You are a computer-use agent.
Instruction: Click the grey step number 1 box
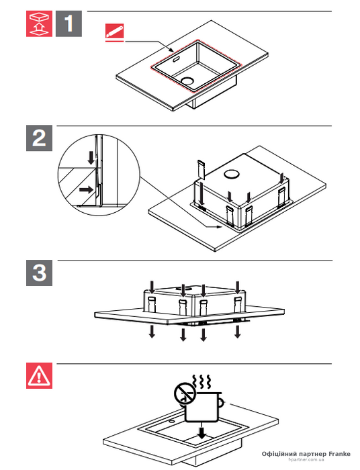click(x=69, y=23)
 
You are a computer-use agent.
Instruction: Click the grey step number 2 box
click(x=39, y=138)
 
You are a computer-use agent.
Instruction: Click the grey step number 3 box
click(x=39, y=273)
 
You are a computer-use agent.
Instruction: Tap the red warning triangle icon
click(x=39, y=375)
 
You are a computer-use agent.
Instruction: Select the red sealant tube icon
click(x=114, y=31)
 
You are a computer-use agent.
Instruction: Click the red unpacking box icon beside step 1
click(x=39, y=23)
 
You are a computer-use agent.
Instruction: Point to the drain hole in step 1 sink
click(x=187, y=81)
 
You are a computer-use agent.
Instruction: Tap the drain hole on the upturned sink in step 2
click(x=231, y=174)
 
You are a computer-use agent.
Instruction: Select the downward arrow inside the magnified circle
click(x=91, y=158)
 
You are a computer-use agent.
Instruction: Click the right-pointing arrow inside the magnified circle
click(x=86, y=190)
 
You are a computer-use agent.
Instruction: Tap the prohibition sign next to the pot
click(x=185, y=393)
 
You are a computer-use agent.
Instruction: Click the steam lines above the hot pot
click(x=201, y=381)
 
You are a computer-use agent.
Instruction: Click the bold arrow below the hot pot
click(x=202, y=430)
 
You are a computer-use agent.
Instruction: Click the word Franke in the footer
click(x=340, y=454)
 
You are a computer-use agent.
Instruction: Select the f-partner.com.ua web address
click(x=306, y=459)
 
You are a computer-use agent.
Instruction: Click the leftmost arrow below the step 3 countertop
click(x=152, y=332)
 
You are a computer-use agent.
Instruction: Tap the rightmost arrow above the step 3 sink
click(x=238, y=287)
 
